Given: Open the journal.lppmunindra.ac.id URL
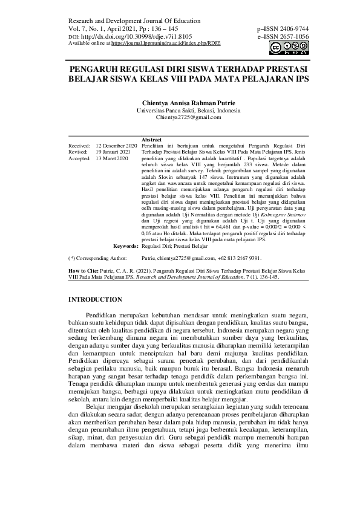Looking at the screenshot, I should pos(164,44).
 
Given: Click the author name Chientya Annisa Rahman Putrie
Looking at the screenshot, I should pos(180,103).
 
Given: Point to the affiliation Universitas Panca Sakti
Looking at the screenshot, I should pos(180,111).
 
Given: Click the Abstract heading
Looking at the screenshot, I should pos(151,140).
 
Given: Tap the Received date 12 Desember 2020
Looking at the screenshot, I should pos(117,146).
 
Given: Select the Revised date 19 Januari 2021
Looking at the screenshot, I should pos(113,152).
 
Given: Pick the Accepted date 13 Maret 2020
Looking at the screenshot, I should pos(112,158).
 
